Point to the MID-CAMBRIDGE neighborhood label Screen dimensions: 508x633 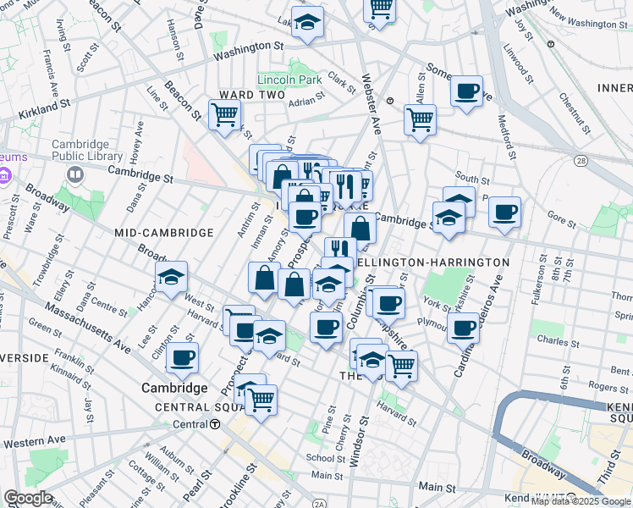[164, 232]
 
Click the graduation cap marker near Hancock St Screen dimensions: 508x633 [171, 277]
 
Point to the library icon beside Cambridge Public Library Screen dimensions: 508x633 [74, 175]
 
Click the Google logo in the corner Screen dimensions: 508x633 [28, 498]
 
